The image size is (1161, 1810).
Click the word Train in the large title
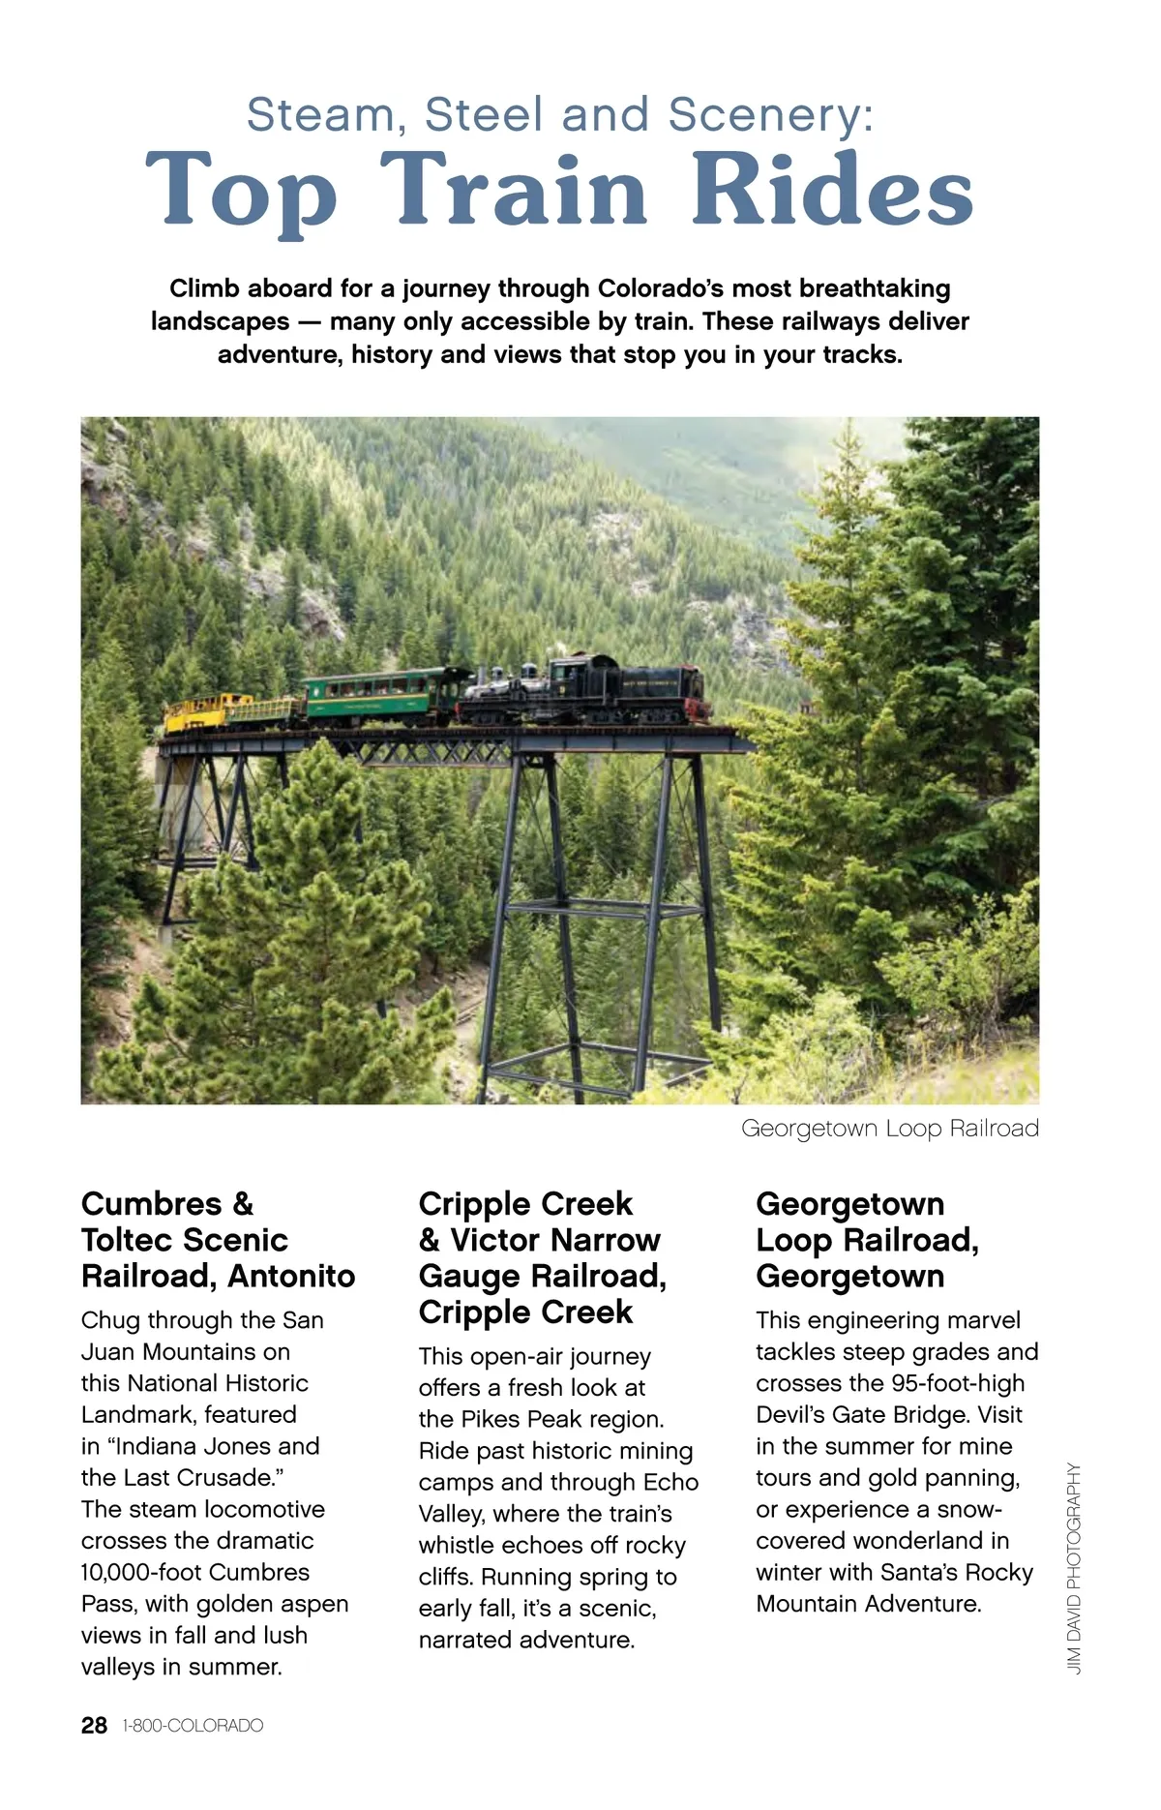pos(513,191)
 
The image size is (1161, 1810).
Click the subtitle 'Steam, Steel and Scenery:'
pos(560,115)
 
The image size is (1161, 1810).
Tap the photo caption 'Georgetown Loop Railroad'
pos(889,1129)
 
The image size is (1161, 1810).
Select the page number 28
pos(94,1726)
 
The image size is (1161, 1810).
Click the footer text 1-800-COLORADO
pos(193,1726)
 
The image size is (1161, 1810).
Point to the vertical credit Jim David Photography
pos(1074,1568)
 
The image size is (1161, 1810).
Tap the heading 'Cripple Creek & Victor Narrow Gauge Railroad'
pos(542,1258)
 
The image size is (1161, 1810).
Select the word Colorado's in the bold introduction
pos(662,289)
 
